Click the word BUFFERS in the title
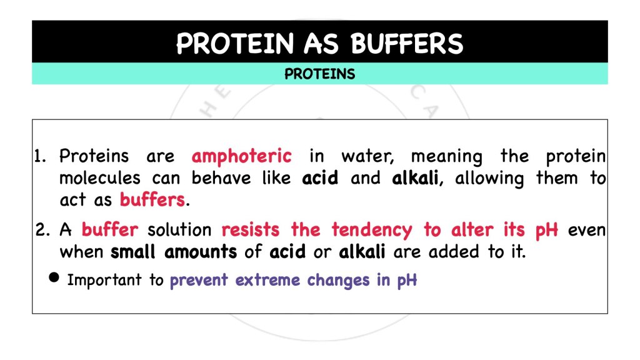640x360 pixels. tap(407, 44)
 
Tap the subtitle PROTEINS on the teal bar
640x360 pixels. tap(319, 74)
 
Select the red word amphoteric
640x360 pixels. tap(241, 156)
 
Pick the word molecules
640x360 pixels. tap(100, 179)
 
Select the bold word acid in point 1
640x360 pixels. tap(320, 179)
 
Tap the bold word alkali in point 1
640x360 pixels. tap(417, 179)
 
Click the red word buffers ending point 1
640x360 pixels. tap(152, 201)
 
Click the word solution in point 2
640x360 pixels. tap(179, 230)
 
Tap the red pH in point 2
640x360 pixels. tap(546, 231)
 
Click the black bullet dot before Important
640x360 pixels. tap(54, 279)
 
